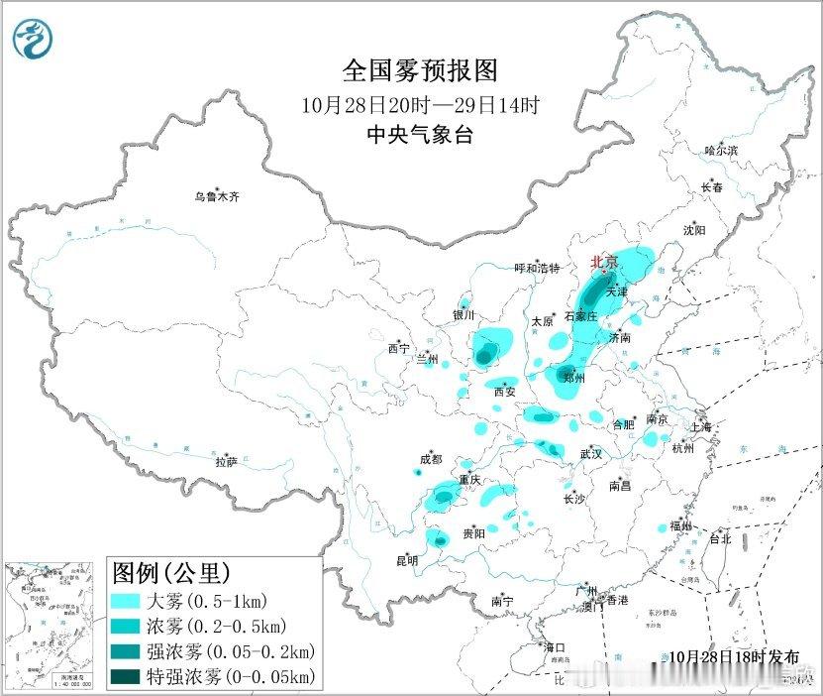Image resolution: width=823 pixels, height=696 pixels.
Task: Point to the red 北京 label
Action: pyautogui.click(x=604, y=263)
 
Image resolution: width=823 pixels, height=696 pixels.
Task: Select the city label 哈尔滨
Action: pyautogui.click(x=721, y=151)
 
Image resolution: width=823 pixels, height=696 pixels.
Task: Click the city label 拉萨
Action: pyautogui.click(x=227, y=461)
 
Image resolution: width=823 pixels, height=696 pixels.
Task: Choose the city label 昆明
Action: pyautogui.click(x=407, y=560)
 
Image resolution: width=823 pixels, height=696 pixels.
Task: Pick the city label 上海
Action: pyautogui.click(x=701, y=426)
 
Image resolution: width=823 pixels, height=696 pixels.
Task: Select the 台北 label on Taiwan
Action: pyautogui.click(x=719, y=539)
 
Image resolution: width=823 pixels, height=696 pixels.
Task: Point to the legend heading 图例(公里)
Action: pyautogui.click(x=171, y=573)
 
